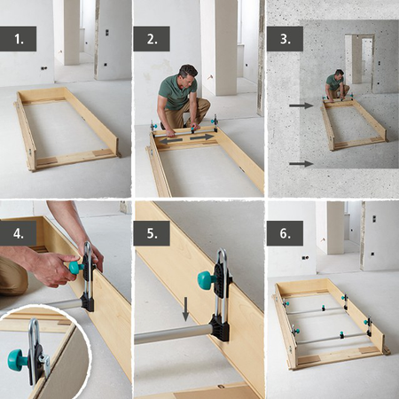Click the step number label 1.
[18, 38]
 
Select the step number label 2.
[151, 38]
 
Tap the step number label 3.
[285, 38]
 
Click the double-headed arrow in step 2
[185, 137]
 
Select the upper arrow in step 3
[301, 106]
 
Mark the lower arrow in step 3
[301, 163]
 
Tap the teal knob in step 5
[206, 280]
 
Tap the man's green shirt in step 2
[176, 94]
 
